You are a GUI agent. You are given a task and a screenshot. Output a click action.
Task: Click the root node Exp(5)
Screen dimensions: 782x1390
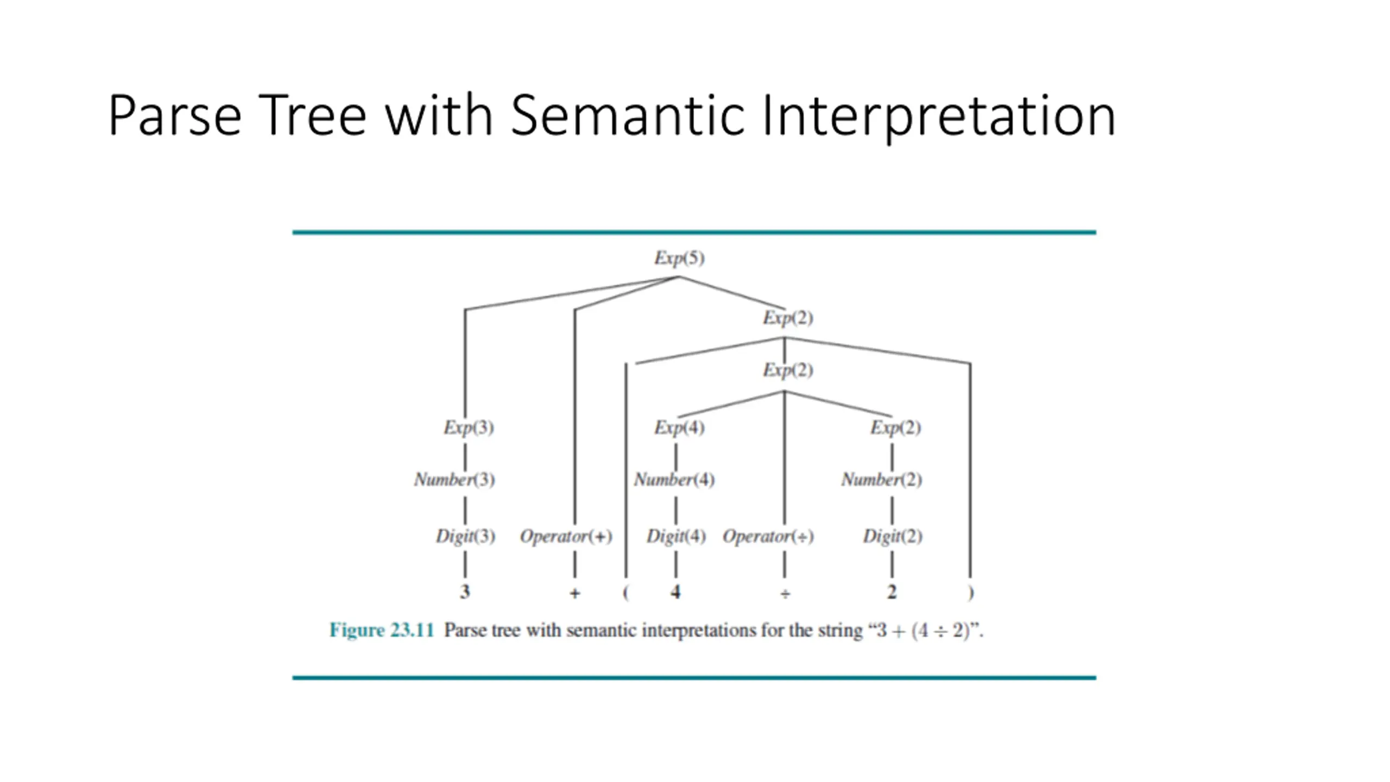[x=679, y=258]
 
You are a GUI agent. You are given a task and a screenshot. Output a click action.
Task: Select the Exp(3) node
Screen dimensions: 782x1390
[x=469, y=427]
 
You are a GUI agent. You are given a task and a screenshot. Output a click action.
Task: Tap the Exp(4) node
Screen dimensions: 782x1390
[x=679, y=427]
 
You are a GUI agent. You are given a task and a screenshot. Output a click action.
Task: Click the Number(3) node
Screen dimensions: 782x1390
[x=454, y=480]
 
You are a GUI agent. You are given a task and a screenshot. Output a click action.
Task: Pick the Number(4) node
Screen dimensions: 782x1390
[x=674, y=480]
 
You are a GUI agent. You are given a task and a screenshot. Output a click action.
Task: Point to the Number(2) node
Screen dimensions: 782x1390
[x=882, y=480]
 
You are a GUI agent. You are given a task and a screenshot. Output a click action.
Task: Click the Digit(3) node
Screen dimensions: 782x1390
[x=465, y=537]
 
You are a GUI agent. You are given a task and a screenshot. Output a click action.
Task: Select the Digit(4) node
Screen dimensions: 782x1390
[x=676, y=537]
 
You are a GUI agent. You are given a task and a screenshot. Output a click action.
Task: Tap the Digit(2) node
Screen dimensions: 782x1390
[x=893, y=537]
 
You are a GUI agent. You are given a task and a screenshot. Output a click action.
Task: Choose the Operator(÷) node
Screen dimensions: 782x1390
[x=768, y=537]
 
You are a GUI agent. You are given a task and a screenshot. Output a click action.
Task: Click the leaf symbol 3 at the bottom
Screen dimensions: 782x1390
[x=465, y=592]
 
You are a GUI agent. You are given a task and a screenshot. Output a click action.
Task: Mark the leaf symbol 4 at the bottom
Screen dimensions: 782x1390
[x=675, y=592]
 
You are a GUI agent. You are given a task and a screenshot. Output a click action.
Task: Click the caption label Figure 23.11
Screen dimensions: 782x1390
[x=382, y=630]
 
